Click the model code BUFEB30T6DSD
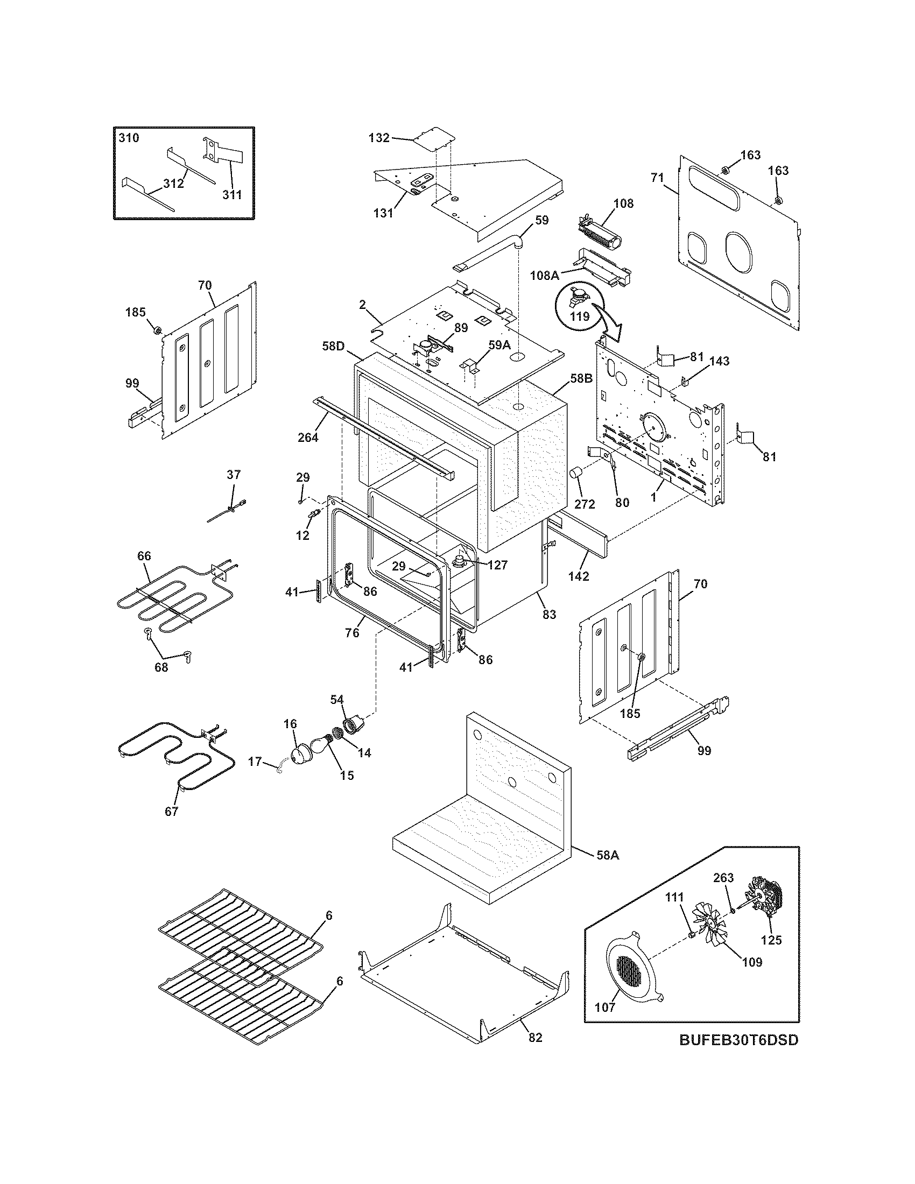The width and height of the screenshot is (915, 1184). [x=739, y=1055]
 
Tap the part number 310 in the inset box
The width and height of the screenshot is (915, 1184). [x=129, y=138]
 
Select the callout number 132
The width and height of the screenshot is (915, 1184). [x=379, y=138]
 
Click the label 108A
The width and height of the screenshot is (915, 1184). [x=545, y=276]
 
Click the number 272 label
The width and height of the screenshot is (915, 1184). [x=585, y=504]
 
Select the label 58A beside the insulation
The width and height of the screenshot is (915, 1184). [x=608, y=856]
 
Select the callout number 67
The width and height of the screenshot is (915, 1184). [x=171, y=827]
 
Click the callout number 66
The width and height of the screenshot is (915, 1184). [x=144, y=556]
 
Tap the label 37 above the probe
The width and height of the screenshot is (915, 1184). [x=233, y=475]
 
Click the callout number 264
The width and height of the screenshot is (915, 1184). [x=308, y=437]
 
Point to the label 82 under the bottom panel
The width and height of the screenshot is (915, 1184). [x=534, y=1038]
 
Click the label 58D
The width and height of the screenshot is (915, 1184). [x=333, y=346]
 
